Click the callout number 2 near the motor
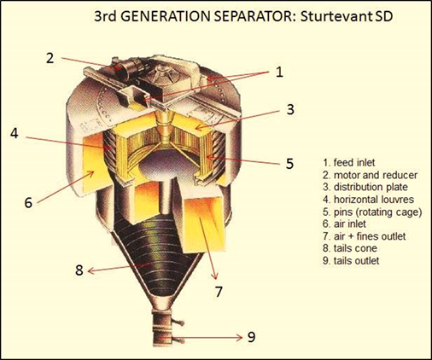[x=50, y=58]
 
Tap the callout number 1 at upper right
[x=280, y=72]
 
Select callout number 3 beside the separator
[x=290, y=109]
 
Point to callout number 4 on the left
[x=15, y=133]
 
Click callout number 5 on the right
[x=289, y=164]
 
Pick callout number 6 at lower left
[x=28, y=203]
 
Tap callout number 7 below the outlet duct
[x=219, y=292]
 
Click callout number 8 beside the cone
[x=79, y=270]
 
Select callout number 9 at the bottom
[x=251, y=337]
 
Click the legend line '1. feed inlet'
[x=349, y=163]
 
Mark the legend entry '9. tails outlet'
[x=351, y=261]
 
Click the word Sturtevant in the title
[x=336, y=16]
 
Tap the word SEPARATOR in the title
[x=251, y=16]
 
